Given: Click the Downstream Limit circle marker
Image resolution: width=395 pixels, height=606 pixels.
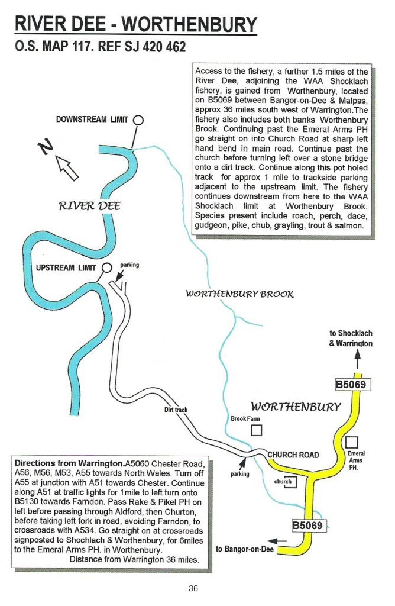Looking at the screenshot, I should coord(138,120).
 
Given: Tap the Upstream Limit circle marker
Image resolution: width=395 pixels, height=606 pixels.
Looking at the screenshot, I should coord(106,267).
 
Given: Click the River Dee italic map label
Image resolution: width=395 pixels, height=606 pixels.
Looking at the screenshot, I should coord(90,206).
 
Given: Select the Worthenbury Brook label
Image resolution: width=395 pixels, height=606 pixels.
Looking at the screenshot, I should coord(239,294).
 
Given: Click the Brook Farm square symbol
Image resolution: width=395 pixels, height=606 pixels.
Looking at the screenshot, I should coord(256,430).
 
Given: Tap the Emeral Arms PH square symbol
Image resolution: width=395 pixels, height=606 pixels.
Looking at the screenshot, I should coord(352,442).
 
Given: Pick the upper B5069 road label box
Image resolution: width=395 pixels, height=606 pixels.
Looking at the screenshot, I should coord(352,385).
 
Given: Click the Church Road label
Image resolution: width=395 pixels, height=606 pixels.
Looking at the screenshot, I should coord(293,454).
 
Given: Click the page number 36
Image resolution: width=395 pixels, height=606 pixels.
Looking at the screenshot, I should coord(193,588).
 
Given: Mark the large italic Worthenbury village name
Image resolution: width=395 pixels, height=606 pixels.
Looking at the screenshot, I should coord(296,407).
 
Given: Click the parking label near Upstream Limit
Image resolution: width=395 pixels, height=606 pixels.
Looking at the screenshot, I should coord(129,265).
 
